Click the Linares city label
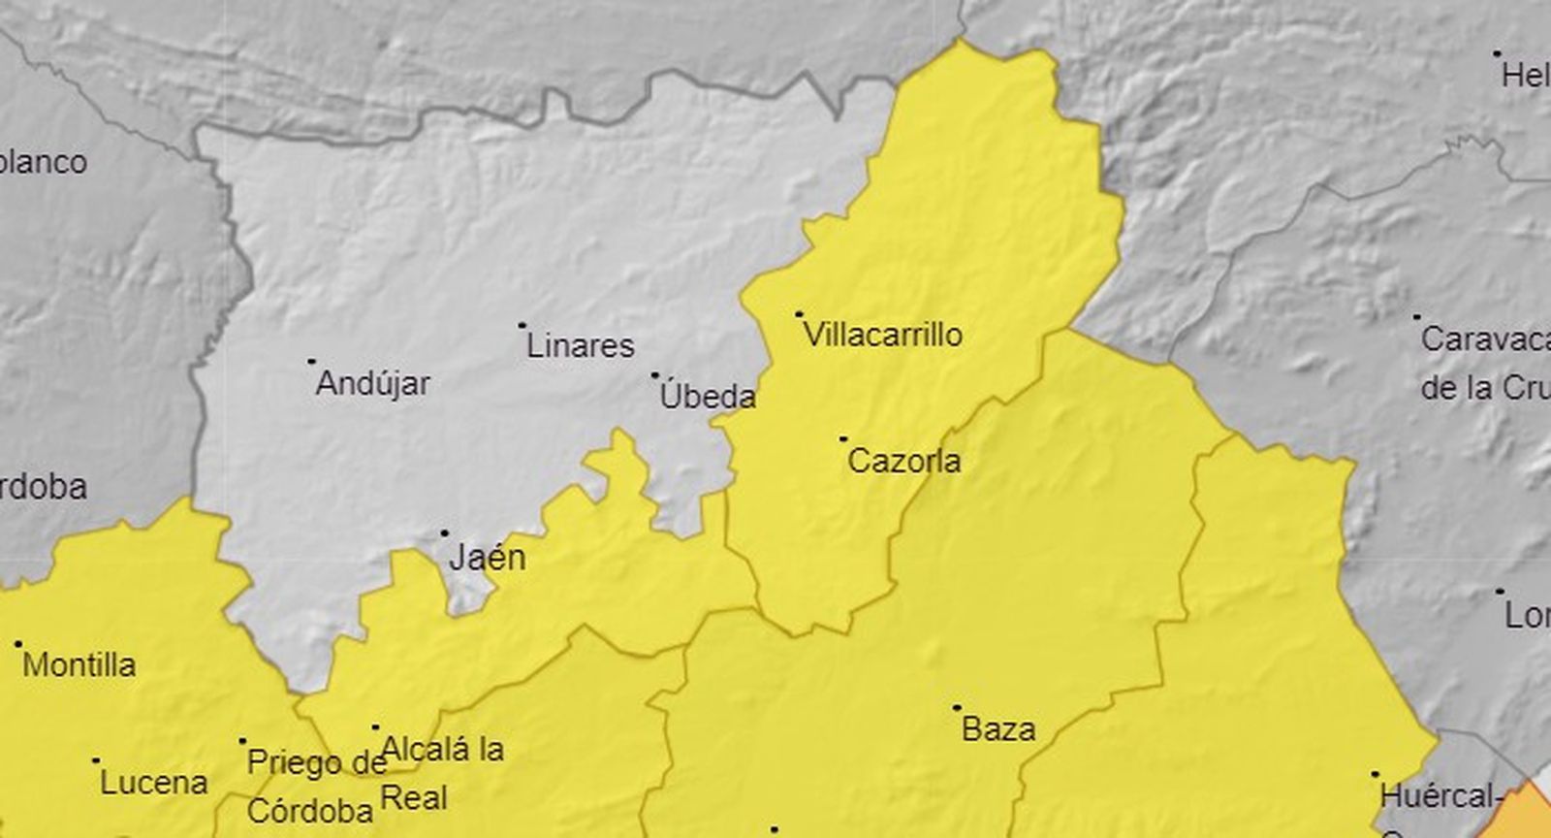click(580, 346)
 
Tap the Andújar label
click(373, 383)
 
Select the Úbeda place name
click(708, 396)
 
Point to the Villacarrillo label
click(883, 336)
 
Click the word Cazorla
click(904, 461)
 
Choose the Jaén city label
click(488, 558)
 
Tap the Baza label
click(998, 729)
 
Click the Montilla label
click(79, 665)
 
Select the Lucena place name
click(154, 783)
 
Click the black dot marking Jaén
click(445, 532)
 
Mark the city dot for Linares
click(522, 326)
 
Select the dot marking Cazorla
click(842, 439)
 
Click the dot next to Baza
click(957, 708)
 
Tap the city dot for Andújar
click(311, 361)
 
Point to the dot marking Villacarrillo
click(799, 314)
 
